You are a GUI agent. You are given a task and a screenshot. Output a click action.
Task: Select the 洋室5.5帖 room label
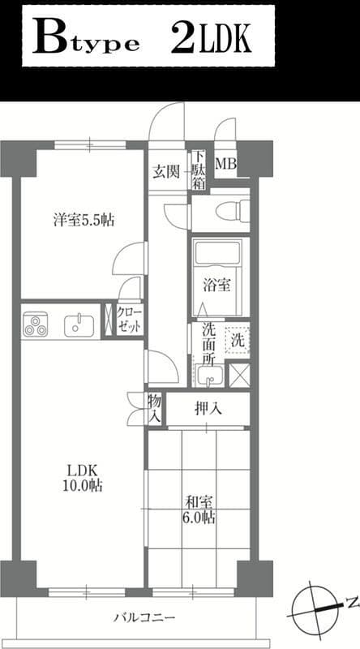point(84,221)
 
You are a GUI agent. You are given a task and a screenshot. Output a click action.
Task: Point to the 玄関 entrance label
point(166,171)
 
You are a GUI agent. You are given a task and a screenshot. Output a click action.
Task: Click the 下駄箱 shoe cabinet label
point(199,170)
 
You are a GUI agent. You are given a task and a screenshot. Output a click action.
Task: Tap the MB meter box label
point(226,164)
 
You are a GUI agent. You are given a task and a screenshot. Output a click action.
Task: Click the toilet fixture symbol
point(233,211)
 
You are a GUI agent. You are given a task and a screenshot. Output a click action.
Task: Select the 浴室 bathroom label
point(216,285)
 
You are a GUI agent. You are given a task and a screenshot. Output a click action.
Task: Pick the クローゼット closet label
point(130,320)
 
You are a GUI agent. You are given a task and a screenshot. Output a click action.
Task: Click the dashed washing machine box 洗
point(238,340)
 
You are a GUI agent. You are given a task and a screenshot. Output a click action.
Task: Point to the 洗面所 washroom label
point(208,344)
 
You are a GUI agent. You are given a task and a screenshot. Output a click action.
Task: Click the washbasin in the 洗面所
point(210,376)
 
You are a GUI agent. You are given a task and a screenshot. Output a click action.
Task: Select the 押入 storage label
point(208,409)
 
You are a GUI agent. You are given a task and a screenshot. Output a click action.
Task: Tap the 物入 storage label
point(154,409)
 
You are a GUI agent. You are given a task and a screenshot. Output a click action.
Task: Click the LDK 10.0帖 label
point(83,478)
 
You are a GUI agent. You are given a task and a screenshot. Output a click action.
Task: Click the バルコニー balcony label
point(144,618)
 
